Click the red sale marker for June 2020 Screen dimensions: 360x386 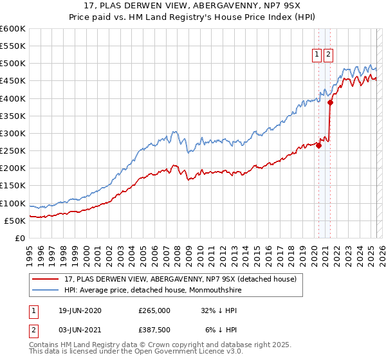(319, 145)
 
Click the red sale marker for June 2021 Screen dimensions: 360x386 (330, 102)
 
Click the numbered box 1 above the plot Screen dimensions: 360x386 (317, 55)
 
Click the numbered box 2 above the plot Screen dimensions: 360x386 (328, 55)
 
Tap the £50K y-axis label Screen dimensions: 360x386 (15, 221)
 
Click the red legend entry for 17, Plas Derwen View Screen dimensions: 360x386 (180, 279)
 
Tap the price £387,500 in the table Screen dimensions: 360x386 (154, 332)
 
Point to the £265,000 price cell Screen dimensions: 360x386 (154, 310)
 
